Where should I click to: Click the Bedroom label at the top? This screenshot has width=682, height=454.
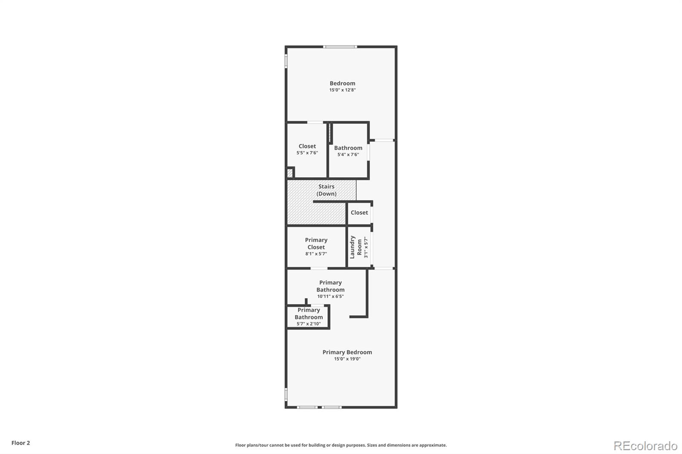click(342, 83)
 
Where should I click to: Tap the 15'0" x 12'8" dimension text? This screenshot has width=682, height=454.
click(342, 90)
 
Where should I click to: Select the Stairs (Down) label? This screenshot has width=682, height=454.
click(327, 190)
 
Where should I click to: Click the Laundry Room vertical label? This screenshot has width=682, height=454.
click(356, 247)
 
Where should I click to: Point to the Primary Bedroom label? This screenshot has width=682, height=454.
click(347, 352)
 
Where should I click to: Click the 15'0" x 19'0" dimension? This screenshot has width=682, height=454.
click(347, 359)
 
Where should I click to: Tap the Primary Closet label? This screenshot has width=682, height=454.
click(316, 244)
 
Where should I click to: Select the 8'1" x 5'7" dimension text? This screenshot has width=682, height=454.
click(316, 254)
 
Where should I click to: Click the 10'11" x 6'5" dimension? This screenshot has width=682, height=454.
click(330, 296)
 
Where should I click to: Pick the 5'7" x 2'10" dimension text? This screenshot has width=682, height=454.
click(309, 324)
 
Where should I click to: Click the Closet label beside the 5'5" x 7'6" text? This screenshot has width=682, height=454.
click(307, 146)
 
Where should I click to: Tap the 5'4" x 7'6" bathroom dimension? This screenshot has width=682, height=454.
click(348, 155)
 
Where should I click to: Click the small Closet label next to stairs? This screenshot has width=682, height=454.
click(359, 213)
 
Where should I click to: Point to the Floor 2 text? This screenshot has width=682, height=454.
click(20, 443)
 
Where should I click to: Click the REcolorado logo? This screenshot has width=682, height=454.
click(645, 445)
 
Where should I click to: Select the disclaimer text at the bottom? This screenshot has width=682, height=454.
click(341, 445)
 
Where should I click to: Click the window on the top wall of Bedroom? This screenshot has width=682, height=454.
click(340, 46)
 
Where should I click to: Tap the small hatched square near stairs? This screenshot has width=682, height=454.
click(290, 173)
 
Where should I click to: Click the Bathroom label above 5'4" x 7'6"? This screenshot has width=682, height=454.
click(348, 148)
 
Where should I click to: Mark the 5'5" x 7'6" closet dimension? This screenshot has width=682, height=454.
click(307, 153)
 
